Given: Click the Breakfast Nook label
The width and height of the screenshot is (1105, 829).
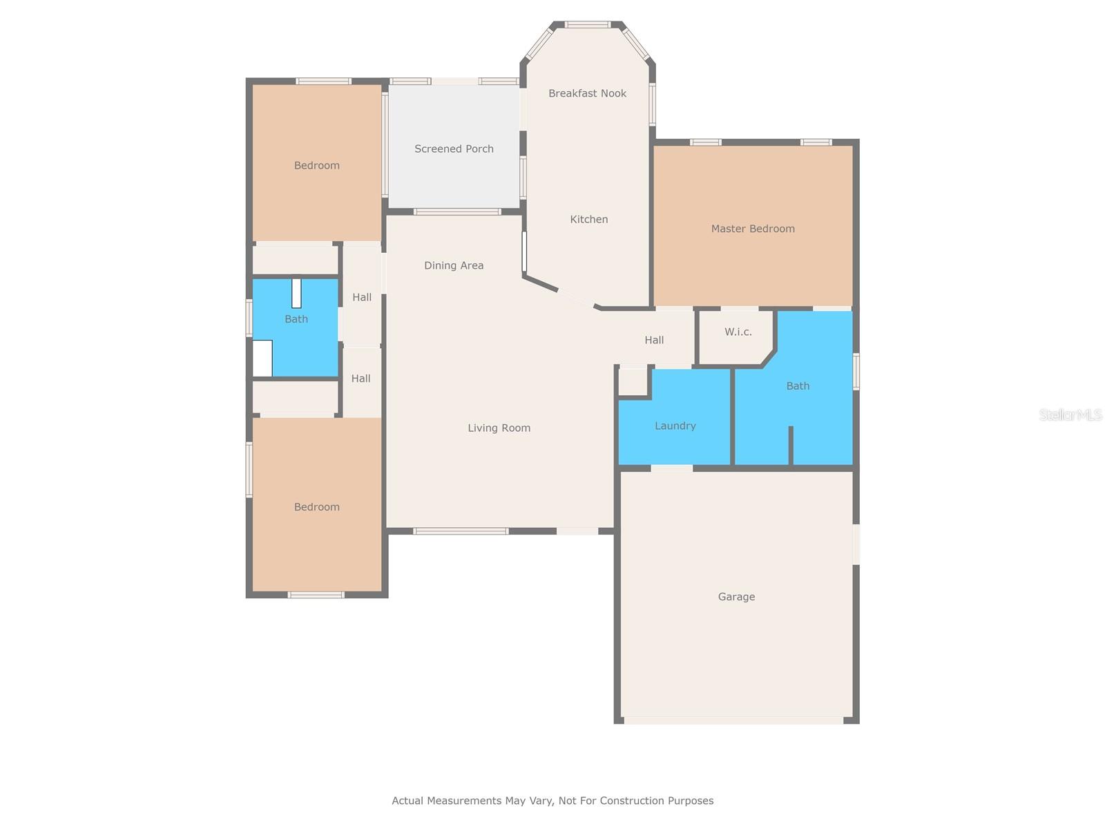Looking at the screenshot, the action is [587, 93].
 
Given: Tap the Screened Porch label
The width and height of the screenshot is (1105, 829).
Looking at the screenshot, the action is [454, 149].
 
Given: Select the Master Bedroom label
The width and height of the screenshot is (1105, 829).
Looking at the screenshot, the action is [753, 229].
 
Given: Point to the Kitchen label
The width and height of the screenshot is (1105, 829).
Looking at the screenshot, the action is [588, 220].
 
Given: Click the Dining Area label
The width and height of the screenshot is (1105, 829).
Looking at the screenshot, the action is [454, 265].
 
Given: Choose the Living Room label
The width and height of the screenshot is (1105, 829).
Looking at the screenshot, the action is [499, 428].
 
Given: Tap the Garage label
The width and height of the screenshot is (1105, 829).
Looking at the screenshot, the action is [736, 597].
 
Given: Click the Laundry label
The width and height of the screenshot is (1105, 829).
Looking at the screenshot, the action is [675, 426].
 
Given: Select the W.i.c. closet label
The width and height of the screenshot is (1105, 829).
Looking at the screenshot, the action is [738, 332].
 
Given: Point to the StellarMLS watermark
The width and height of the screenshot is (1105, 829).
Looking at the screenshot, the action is [1070, 414].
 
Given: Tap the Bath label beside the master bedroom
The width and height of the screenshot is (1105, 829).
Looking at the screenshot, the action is [798, 386].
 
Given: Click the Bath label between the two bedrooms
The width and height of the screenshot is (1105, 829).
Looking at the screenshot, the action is [296, 319].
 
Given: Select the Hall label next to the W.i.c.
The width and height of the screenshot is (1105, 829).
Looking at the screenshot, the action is [654, 341].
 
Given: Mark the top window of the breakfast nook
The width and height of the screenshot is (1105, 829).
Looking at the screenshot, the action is [587, 25].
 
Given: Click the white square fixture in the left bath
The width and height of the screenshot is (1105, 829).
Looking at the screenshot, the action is [262, 359].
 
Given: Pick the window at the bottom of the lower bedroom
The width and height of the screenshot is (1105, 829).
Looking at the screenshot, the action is [316, 595].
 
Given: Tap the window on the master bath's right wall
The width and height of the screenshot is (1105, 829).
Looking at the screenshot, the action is [856, 372].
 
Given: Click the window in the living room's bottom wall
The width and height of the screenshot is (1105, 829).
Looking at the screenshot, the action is [461, 531].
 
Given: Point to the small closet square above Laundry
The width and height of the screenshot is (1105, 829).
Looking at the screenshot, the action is [633, 381].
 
